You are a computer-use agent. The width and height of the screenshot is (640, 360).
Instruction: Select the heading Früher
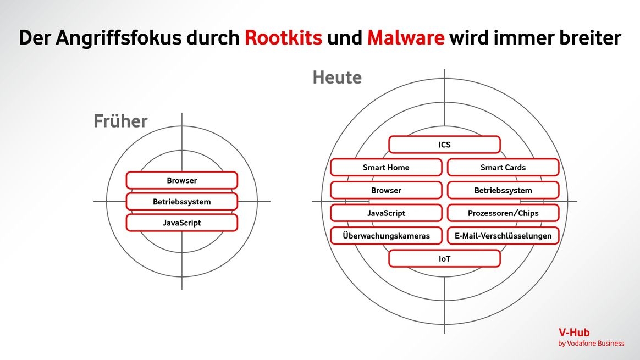coord(120,121)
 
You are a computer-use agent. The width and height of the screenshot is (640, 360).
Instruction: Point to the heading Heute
coord(337,77)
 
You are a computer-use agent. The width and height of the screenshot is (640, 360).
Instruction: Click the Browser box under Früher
coord(182,180)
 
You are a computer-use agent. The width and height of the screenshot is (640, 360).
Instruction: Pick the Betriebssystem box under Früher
coord(182,202)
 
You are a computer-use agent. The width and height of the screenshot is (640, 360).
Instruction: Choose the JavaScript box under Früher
coord(182,223)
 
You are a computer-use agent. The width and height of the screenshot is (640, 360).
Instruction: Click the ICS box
coord(444,145)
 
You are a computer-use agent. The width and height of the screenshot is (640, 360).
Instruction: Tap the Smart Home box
coord(386,168)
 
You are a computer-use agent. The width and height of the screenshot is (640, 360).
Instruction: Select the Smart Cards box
coord(503,168)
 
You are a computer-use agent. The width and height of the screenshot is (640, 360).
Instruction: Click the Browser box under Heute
coord(386,190)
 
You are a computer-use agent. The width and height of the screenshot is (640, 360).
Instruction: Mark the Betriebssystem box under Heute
coord(503,190)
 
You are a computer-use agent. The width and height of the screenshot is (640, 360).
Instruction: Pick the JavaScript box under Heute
coord(386,213)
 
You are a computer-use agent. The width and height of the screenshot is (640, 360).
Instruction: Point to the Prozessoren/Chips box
coord(503,213)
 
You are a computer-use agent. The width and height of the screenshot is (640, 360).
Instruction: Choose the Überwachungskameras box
coord(386,236)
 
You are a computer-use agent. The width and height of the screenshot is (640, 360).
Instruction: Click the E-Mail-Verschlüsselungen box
coord(503,236)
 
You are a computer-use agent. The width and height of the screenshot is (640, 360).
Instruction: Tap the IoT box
coord(444,258)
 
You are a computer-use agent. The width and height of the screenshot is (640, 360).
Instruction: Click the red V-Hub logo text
coord(574,333)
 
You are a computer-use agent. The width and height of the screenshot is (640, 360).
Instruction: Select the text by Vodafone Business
coord(591,344)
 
